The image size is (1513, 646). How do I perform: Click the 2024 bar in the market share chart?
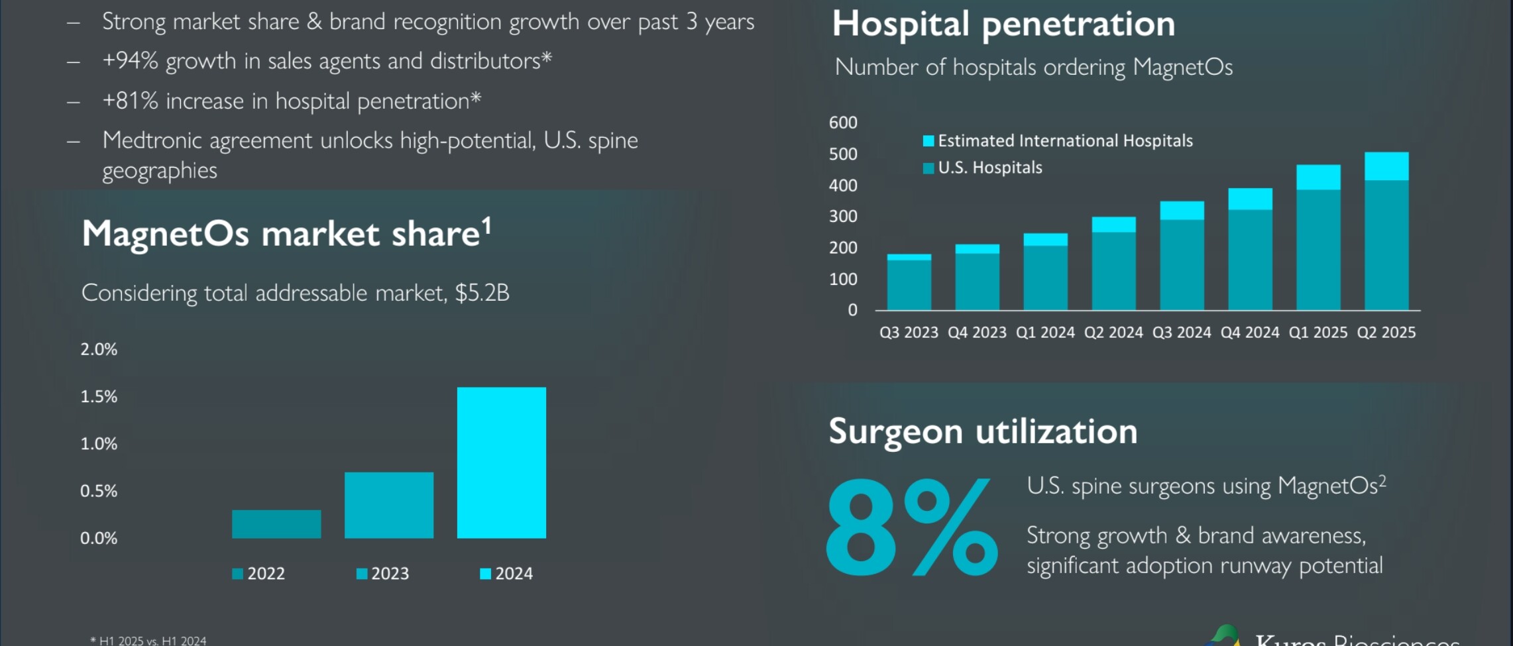point(501,462)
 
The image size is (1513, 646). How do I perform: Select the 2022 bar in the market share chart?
point(276,524)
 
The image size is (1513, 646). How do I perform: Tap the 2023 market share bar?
point(389,505)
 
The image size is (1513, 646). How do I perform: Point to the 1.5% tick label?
point(99,397)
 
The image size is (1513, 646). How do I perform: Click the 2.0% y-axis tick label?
point(99,350)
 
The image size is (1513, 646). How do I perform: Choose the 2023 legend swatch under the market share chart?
point(362,574)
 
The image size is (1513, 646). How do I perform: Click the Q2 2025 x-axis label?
point(1386,333)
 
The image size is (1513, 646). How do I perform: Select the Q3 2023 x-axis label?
point(909,333)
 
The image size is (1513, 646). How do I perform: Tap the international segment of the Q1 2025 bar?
point(1318,178)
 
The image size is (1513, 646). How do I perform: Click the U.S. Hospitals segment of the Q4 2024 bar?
point(1250,260)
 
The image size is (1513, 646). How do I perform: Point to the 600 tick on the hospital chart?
point(843,123)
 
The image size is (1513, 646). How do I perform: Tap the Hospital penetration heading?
point(1003,25)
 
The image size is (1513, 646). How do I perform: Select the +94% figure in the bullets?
point(130,61)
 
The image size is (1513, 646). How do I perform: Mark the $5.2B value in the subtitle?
point(482,293)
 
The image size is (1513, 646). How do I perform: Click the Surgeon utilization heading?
point(983,431)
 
